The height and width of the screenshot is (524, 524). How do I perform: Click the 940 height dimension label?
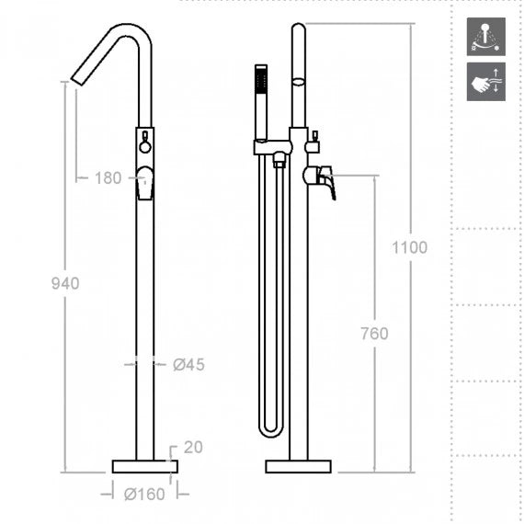click(x=64, y=283)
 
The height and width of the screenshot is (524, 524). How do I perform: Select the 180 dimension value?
click(x=107, y=178)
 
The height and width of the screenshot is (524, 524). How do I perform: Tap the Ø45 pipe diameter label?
click(x=188, y=365)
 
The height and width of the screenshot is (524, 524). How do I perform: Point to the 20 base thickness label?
click(x=192, y=448)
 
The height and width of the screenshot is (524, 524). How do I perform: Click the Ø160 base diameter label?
click(x=144, y=495)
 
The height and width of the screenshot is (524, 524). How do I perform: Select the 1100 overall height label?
click(x=409, y=246)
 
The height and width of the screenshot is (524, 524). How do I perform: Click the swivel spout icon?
click(x=485, y=35)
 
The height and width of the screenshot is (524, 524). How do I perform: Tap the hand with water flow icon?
click(x=485, y=81)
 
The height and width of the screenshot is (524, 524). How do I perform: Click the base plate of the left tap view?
click(x=144, y=466)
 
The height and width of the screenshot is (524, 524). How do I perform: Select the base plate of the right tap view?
click(x=297, y=466)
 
